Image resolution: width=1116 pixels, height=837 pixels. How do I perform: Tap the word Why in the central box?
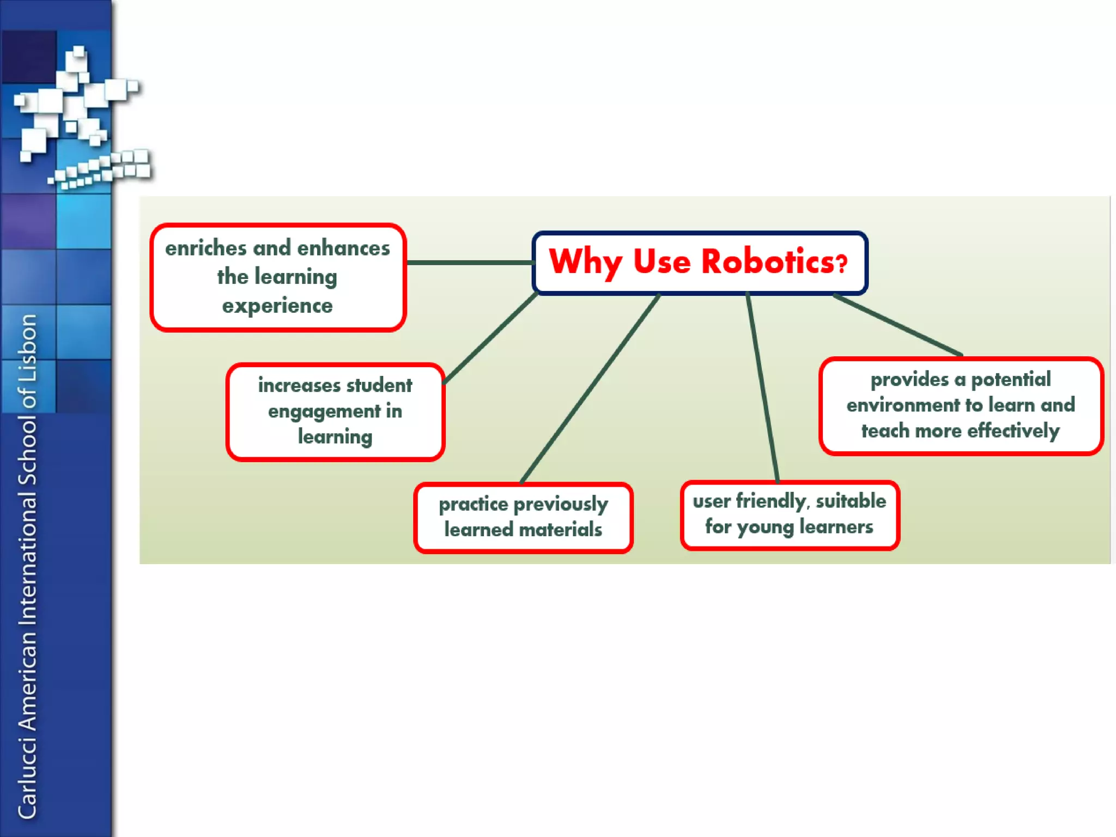585,263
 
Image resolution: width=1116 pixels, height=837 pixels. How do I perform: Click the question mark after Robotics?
842,264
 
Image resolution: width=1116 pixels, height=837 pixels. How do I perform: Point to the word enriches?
206,248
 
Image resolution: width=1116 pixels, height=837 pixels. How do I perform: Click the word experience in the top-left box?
277,306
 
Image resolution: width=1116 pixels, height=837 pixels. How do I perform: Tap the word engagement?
324,412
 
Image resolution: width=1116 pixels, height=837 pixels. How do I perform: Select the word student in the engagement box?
379,385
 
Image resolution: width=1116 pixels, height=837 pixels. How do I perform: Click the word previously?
561,505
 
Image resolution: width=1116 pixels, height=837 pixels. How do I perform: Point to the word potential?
1011,380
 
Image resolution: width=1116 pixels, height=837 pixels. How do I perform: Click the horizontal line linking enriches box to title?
469,263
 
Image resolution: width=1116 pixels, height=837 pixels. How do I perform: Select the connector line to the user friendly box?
762,388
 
